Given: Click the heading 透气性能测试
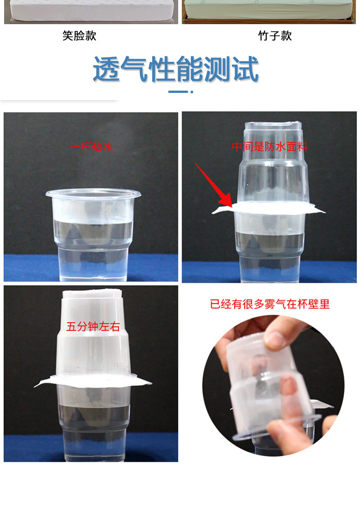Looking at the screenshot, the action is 176,69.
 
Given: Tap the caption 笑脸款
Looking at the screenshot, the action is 79,36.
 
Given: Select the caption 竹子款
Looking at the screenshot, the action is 275,36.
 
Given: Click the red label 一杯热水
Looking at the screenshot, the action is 92,147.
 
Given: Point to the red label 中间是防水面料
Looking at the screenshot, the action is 270,147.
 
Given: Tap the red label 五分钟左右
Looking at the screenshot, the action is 93,326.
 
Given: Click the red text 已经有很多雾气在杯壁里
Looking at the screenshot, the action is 270,304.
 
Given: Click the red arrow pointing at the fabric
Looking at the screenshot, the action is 213,185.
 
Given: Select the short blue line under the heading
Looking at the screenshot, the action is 178,92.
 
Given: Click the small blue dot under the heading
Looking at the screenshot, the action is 192,92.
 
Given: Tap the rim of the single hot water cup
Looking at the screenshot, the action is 93,194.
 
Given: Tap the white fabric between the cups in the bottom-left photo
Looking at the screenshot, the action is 93,380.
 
